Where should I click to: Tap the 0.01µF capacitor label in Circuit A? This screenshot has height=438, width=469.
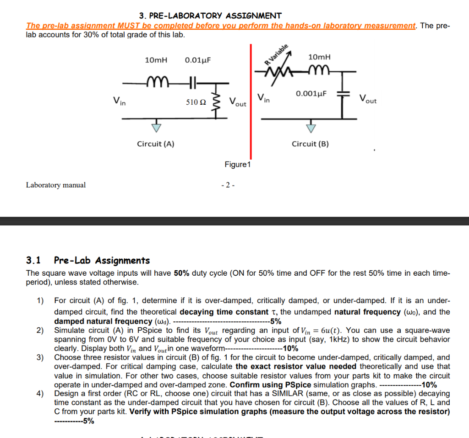[x=198, y=60]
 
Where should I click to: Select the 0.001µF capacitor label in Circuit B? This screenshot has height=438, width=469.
[x=311, y=94]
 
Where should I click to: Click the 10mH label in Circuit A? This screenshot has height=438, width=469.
[x=156, y=60]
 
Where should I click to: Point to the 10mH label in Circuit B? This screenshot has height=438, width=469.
[x=319, y=57]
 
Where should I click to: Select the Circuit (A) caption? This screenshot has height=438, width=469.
[x=156, y=144]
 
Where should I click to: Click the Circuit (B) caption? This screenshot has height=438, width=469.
[x=311, y=144]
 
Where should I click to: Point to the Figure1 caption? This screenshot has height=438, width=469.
[x=237, y=165]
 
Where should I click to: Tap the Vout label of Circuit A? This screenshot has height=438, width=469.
[x=237, y=102]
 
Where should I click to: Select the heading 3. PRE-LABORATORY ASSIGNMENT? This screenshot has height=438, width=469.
[x=210, y=16]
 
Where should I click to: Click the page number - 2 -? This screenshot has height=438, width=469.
[x=228, y=185]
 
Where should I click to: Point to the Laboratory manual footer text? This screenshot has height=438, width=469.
[x=56, y=185]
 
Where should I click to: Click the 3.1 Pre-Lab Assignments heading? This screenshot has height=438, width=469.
[x=88, y=261]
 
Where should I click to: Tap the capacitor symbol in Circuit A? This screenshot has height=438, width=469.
[x=193, y=82]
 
